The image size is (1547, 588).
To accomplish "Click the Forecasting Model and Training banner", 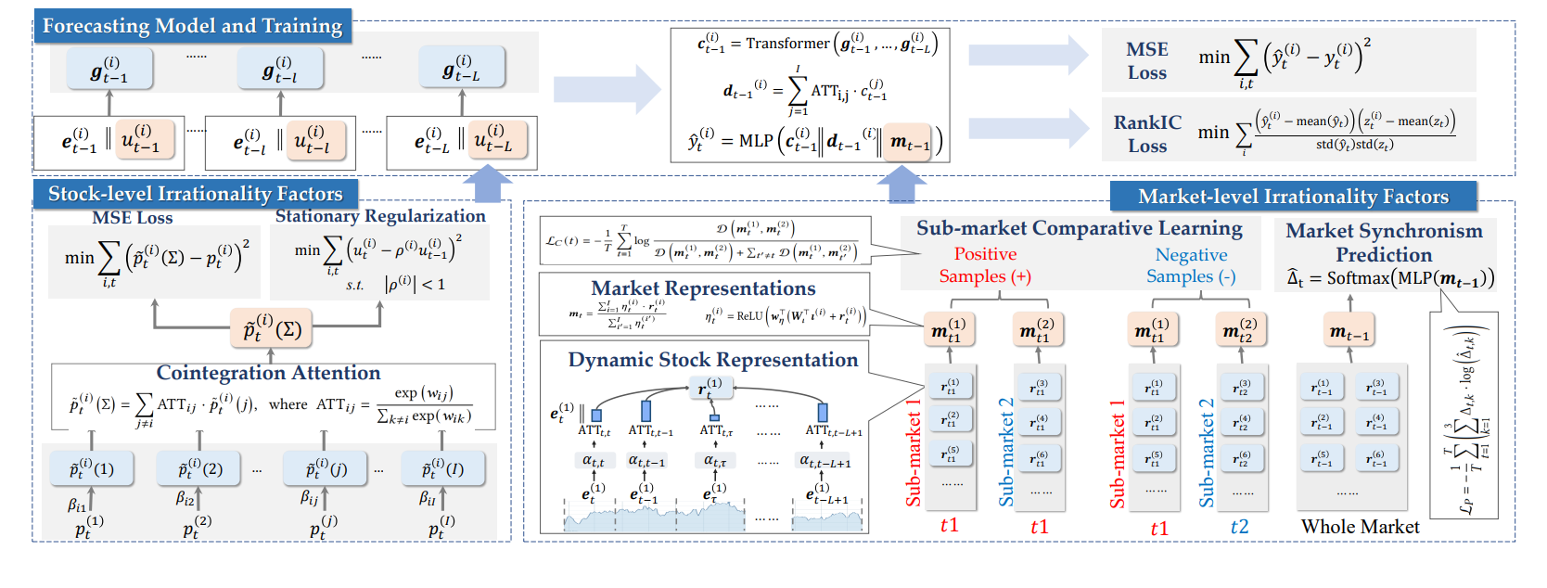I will [x=192, y=26].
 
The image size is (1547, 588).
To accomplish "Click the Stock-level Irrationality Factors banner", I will [x=195, y=194].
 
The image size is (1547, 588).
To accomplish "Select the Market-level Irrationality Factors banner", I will [x=1293, y=197].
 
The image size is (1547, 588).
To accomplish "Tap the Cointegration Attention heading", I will [x=268, y=373].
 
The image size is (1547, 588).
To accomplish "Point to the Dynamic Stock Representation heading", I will [x=712, y=360].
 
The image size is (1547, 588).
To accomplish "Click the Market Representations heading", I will [x=703, y=288].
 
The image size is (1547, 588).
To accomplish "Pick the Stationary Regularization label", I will [x=380, y=216].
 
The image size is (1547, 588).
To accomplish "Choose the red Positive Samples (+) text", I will [x=985, y=265].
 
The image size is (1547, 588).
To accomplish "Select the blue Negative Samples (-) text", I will [x=1191, y=265].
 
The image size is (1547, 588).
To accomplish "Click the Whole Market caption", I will [x=1360, y=527].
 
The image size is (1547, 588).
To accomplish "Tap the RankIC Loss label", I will [x=1147, y=134].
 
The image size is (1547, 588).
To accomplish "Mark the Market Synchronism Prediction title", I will [x=1384, y=242].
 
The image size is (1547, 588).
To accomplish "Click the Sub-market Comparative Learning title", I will [x=1079, y=228].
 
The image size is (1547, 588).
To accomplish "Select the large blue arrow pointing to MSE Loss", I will [x=1028, y=55].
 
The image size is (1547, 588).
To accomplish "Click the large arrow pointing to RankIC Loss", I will [x=1028, y=128].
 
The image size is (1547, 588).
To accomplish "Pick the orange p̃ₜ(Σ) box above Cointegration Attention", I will [x=272, y=329].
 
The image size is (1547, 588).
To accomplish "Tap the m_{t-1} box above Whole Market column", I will [x=1349, y=332].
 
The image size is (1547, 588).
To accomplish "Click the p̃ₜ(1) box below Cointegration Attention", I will [x=92, y=469].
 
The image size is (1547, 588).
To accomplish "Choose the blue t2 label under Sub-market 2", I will [x=1239, y=527].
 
